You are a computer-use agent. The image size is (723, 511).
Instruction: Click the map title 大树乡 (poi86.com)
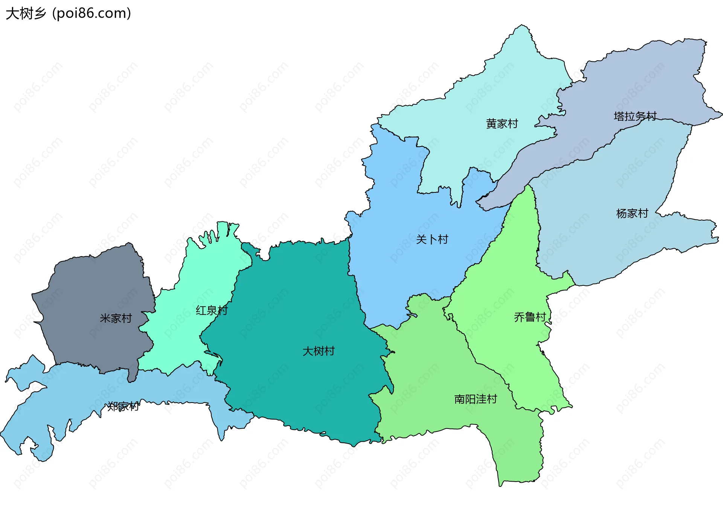pos(68,14)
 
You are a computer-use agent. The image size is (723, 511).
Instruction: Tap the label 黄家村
pos(502,124)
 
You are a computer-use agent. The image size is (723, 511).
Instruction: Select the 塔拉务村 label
pos(635,116)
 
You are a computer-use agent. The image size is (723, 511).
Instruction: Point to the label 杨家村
pos(632,214)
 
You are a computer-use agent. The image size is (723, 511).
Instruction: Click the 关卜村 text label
pos(432,239)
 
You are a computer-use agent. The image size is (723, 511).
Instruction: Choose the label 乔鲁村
pos(530,317)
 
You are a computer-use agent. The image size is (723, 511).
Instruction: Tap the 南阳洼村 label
pos(476,399)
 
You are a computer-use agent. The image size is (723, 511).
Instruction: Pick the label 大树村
pos(319,351)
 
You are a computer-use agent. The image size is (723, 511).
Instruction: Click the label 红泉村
pos(212,310)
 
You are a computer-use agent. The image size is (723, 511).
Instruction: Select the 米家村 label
pos(116,318)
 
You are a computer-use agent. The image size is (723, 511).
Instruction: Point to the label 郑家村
pos(123,406)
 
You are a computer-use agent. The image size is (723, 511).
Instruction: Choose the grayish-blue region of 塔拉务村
pos(640,75)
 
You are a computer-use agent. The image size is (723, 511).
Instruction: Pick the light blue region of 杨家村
pos(602,245)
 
